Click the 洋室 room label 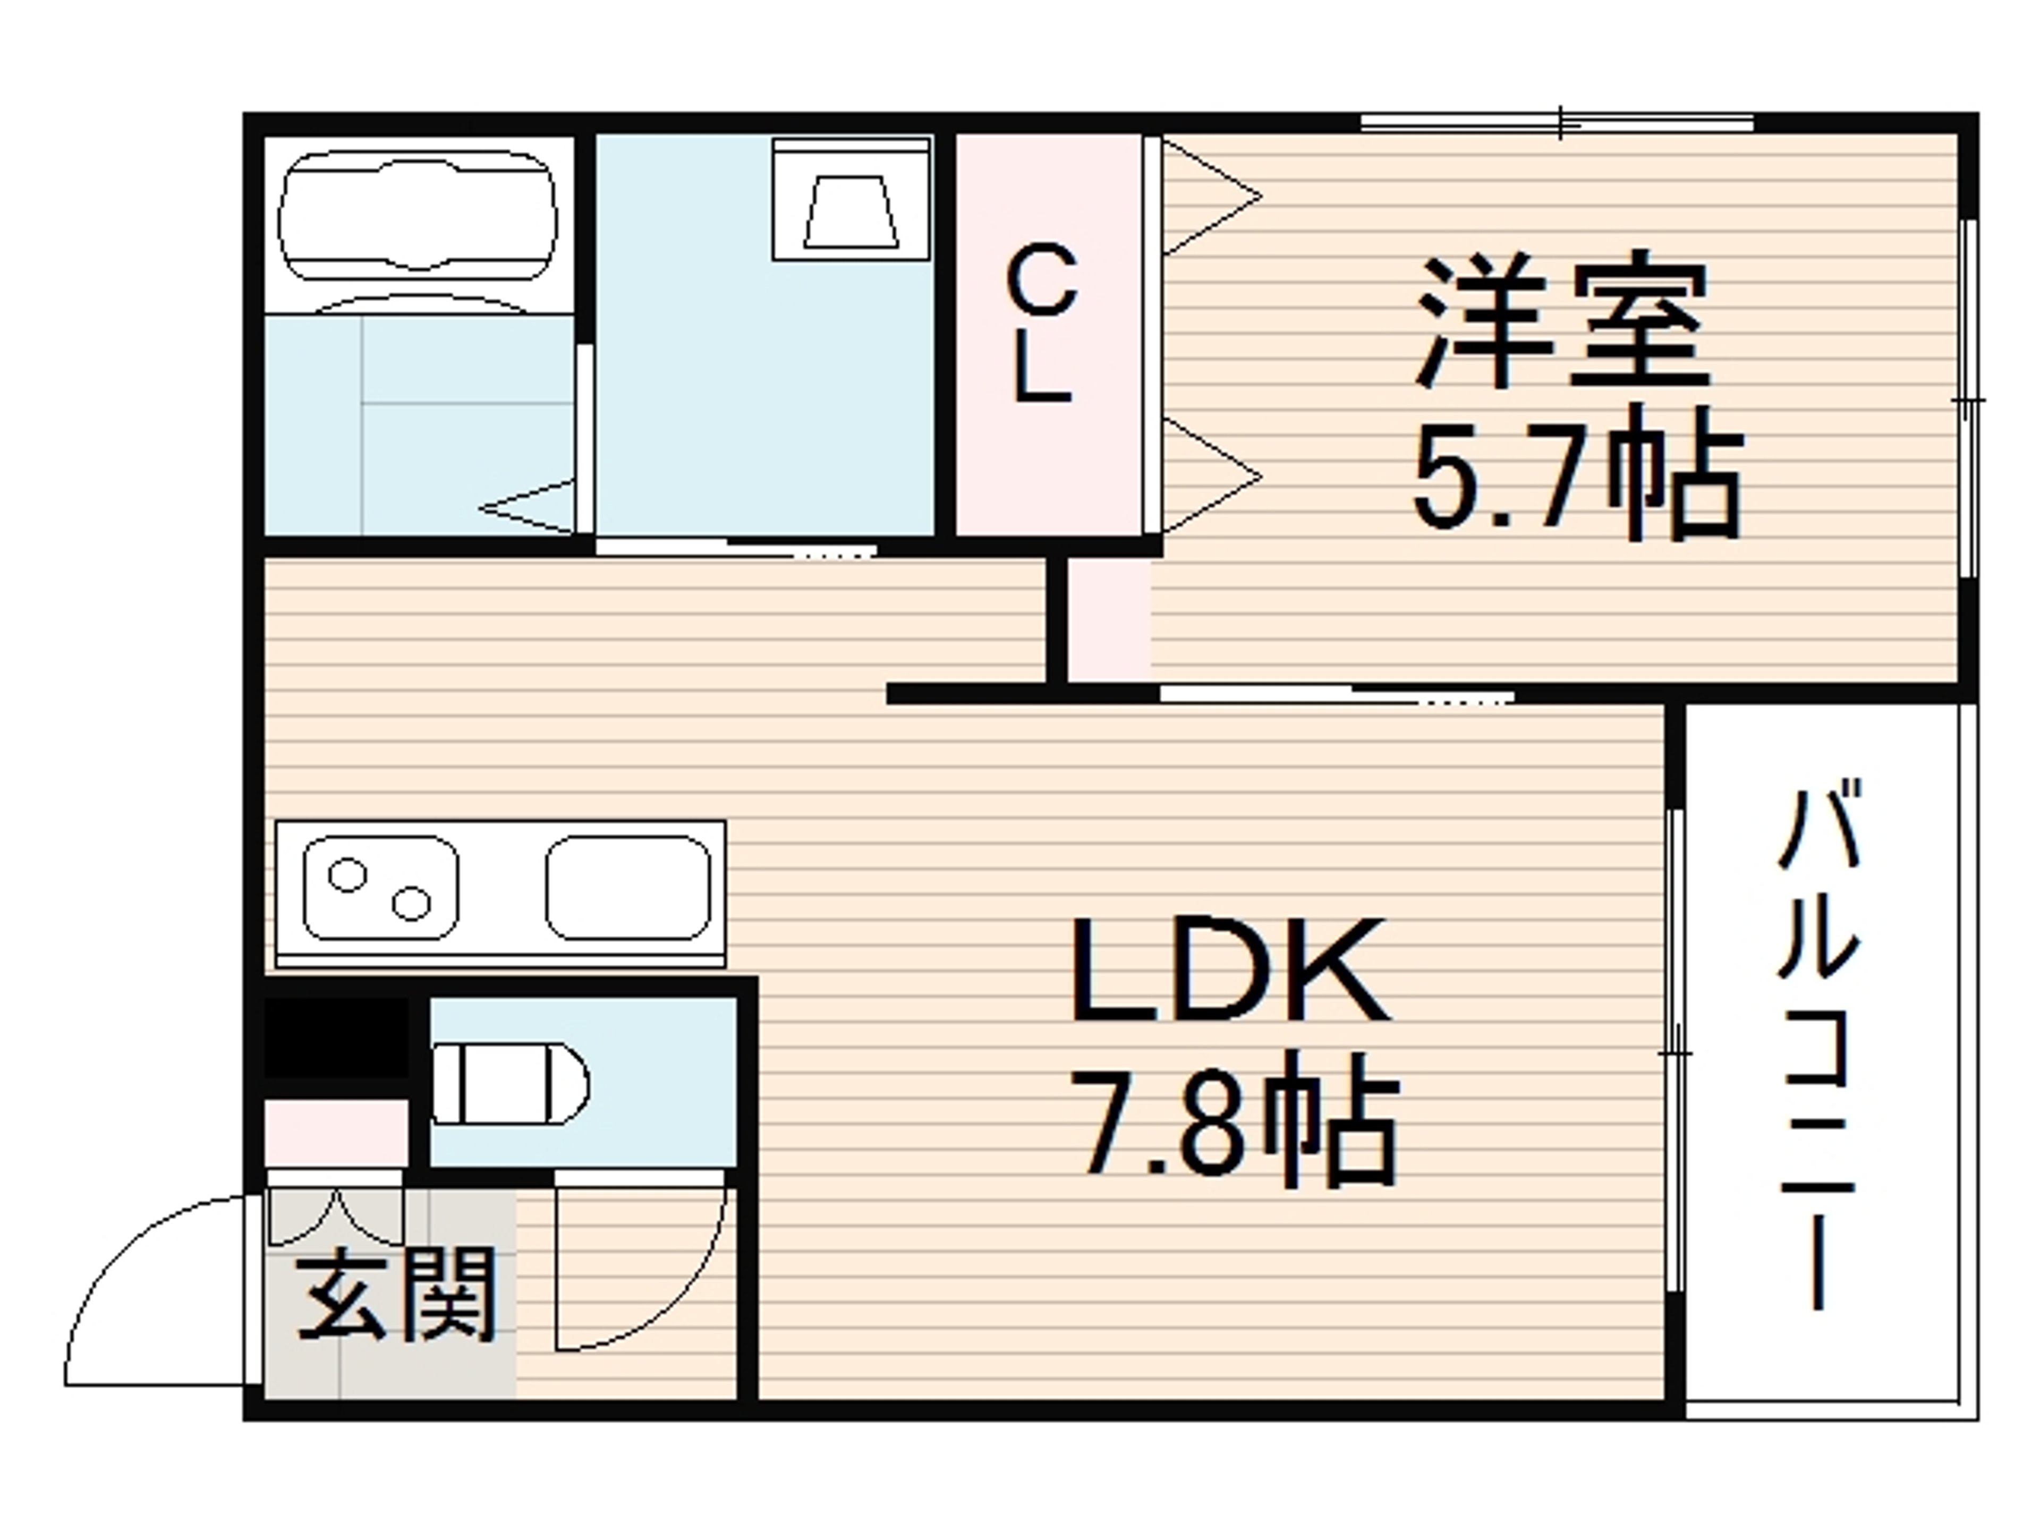pyautogui.click(x=1562, y=318)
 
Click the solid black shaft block pyautogui.click(x=337, y=1038)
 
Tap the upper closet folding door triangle pyautogui.click(x=1210, y=197)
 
